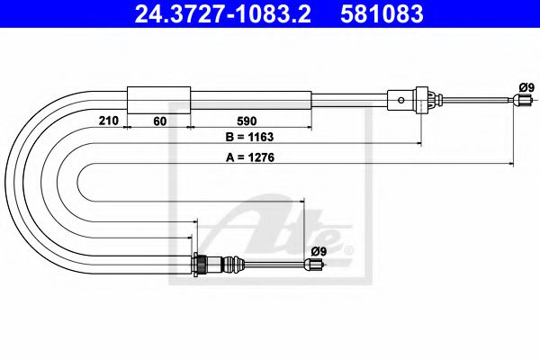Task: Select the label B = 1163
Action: [248, 138]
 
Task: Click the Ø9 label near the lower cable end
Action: [317, 250]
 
